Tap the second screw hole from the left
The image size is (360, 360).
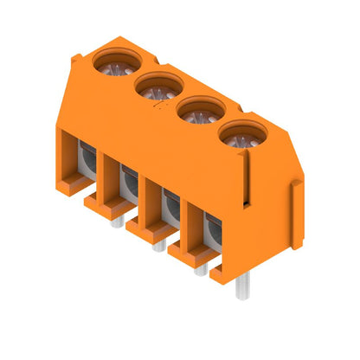pos(157,86)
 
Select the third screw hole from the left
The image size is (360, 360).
pos(201,111)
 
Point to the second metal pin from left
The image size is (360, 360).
pos(157,246)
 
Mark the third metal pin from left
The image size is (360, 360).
pos(201,269)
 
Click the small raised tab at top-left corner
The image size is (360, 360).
pos(78,59)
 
